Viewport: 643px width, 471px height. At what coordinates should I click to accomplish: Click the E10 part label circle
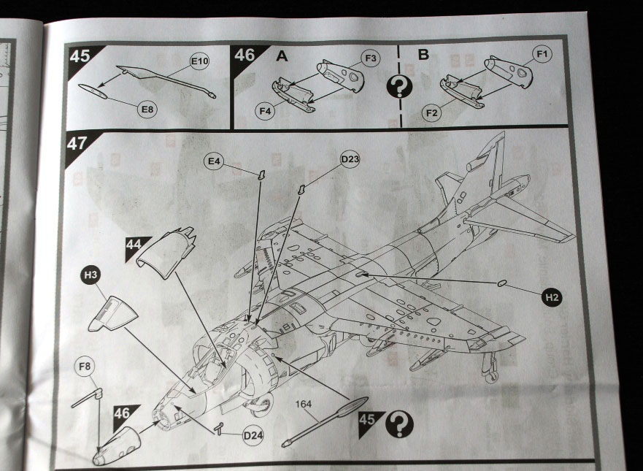pos(200,62)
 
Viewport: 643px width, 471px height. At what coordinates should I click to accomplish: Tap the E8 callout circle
pos(147,109)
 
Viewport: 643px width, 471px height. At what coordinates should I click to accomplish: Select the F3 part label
pos(371,58)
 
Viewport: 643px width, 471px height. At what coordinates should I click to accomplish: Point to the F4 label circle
pos(266,111)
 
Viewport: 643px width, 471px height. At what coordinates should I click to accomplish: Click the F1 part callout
pos(542,54)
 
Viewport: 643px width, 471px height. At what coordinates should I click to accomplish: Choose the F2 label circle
pos(431,112)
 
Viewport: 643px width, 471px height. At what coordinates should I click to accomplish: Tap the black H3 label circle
pos(91,275)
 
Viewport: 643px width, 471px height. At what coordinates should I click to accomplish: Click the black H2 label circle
pos(552,297)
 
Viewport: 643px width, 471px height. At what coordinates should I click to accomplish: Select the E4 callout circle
pos(214,161)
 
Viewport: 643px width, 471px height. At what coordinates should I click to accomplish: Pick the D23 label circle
pos(350,159)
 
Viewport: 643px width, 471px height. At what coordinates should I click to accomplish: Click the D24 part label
pos(253,435)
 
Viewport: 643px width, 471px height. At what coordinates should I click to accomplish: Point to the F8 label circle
pos(85,366)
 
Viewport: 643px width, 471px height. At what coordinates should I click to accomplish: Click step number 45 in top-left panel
pos(80,55)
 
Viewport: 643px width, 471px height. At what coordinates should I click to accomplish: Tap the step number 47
pos(77,144)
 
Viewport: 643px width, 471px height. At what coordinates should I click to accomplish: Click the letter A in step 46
pos(282,55)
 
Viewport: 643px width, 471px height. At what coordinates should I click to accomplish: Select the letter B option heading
pos(423,54)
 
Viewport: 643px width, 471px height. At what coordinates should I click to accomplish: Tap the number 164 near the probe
pos(304,404)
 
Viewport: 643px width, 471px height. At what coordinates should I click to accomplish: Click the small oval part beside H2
pos(501,283)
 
